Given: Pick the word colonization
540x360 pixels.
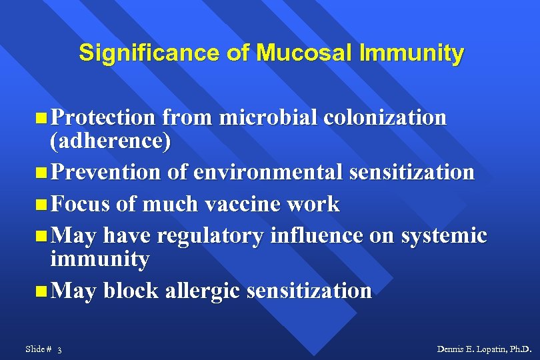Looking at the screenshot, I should pos(385,117).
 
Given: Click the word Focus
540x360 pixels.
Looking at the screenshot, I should pos(80,203).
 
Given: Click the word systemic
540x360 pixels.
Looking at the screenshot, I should pos(444,235).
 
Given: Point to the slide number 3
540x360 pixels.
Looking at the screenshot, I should pos(60,349).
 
